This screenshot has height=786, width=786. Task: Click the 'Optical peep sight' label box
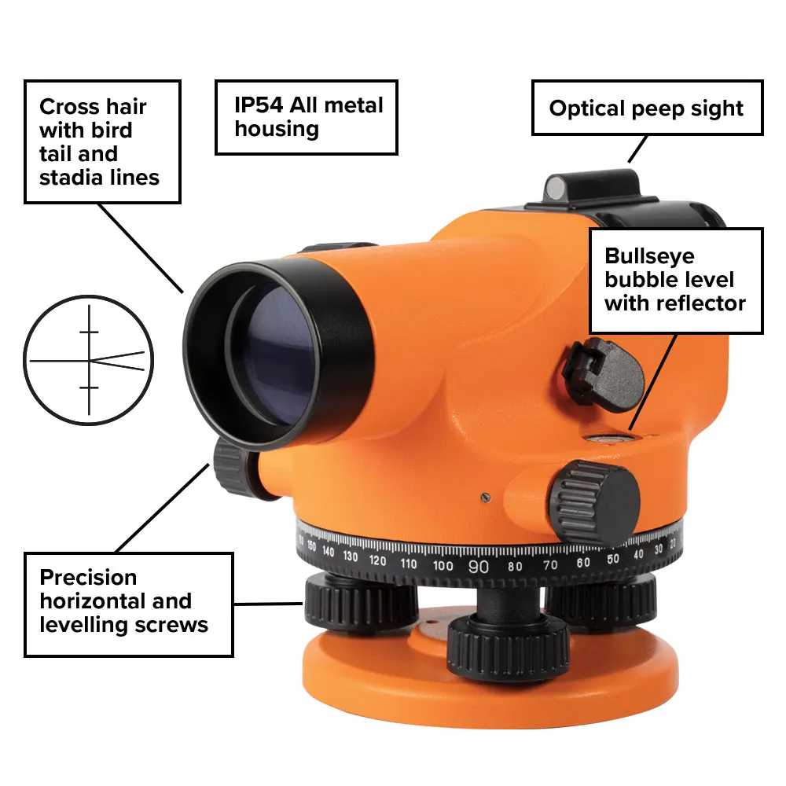click(647, 108)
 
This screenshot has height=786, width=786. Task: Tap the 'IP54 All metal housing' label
click(307, 117)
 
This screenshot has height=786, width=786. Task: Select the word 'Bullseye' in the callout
click(650, 257)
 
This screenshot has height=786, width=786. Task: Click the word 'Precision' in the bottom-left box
click(88, 578)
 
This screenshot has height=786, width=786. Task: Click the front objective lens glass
click(274, 355)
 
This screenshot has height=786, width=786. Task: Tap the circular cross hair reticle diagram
click(89, 360)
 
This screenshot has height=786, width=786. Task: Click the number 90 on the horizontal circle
click(478, 567)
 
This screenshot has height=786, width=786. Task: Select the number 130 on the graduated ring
click(351, 556)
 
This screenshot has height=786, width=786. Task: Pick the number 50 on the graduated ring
click(612, 560)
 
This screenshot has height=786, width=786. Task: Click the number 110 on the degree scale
click(409, 564)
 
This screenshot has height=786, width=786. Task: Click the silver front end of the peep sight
click(555, 189)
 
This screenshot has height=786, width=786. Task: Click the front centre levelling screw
click(509, 648)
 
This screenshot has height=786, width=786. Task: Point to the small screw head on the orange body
click(485, 498)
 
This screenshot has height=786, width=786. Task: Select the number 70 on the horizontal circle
click(550, 565)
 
